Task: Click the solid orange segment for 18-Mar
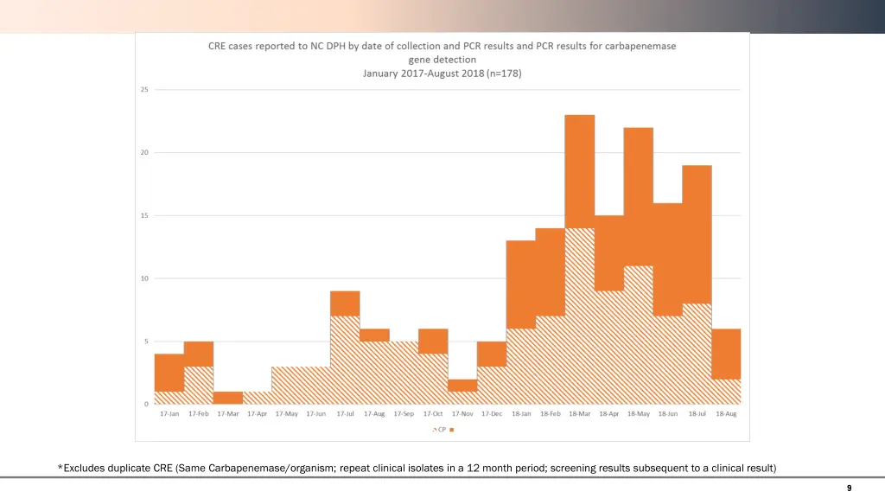[579, 171]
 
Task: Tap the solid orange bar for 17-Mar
[227, 398]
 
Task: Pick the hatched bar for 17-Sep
[404, 373]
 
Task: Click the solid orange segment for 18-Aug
[726, 354]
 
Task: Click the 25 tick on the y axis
[144, 90]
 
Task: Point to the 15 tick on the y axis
[144, 215]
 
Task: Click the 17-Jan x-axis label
[169, 414]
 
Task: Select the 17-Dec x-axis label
[491, 414]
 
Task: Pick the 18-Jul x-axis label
[697, 414]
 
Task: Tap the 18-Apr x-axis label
[608, 414]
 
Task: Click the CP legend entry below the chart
[441, 429]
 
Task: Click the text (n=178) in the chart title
[504, 73]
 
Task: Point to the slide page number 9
[849, 488]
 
